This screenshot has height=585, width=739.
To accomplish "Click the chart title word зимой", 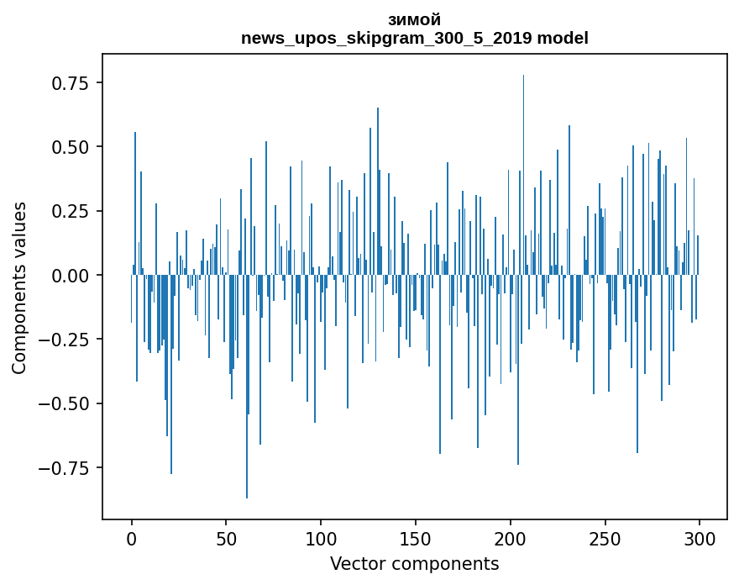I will pos(414,20).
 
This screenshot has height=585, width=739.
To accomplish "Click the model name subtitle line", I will pos(414,38).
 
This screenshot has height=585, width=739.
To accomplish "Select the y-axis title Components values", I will pos(19,287).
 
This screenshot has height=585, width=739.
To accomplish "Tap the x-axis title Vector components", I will pos(414,564).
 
